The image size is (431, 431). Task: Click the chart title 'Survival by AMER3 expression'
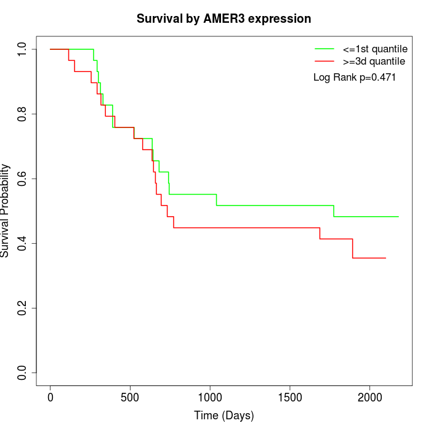pos(224,19)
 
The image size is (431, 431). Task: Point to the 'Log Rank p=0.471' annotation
pos(355,78)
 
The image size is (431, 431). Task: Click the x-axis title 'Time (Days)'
pos(224,416)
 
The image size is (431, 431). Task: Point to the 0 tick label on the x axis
pos(50,397)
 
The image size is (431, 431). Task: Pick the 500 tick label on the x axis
pos(131,397)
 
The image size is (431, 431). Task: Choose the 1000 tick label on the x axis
pos(210,397)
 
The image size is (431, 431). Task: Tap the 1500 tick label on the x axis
pos(290,397)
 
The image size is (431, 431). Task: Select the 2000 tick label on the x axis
pos(369,397)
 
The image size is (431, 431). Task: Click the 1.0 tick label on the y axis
pos(23,49)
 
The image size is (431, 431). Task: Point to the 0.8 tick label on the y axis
pos(23,114)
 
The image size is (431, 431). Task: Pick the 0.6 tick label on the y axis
pos(23,179)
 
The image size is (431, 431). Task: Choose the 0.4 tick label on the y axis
pos(23,243)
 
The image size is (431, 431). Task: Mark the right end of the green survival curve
pos(398,217)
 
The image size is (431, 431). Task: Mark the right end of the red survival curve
pos(385,258)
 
